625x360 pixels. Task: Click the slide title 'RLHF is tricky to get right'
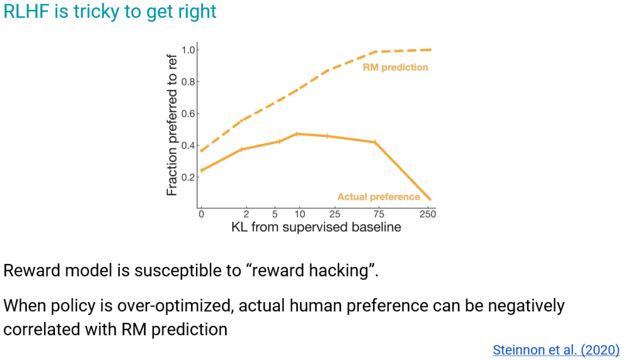pos(110,12)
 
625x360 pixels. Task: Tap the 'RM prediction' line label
pos(395,67)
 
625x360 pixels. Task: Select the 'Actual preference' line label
pos(378,197)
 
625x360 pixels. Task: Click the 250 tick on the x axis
pos(428,214)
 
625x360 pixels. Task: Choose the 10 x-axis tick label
pos(299,214)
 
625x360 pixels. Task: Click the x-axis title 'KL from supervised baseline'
pos(316,227)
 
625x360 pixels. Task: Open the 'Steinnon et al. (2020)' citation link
pos(556,350)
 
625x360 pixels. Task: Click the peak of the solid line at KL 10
pos(297,134)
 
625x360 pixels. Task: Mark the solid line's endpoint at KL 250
pos(430,200)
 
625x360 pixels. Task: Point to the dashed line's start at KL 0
pos(201,151)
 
